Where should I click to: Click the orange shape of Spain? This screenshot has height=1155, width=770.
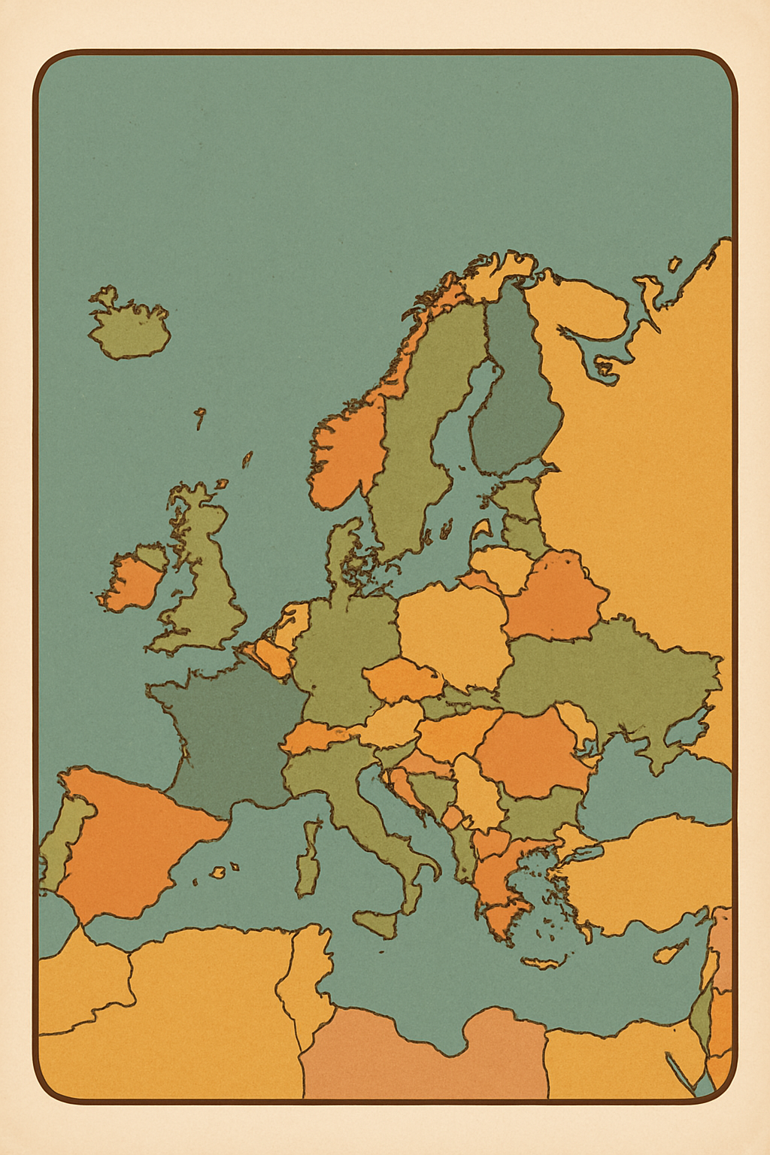[132, 835]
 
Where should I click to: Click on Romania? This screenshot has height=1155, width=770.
[534, 752]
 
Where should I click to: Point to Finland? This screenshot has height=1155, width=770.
[515, 399]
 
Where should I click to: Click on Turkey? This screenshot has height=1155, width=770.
[647, 872]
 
